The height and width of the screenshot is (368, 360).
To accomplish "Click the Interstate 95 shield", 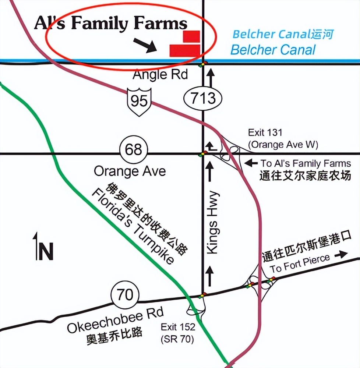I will (x=139, y=100).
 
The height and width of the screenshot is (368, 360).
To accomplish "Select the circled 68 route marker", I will (x=133, y=150).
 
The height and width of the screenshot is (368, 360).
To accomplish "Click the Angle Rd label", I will (x=160, y=75).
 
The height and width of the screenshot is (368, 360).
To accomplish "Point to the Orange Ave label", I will (x=130, y=171).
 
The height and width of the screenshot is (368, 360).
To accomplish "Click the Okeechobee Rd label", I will (x=115, y=321).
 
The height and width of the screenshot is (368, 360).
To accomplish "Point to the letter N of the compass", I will (x=46, y=252).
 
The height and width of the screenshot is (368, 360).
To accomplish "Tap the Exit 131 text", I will (x=265, y=132).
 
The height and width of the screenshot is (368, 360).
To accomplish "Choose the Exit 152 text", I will (x=178, y=327).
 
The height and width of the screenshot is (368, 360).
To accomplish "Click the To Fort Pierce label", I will (x=300, y=263).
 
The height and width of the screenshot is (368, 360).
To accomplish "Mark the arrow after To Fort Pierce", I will (x=341, y=254).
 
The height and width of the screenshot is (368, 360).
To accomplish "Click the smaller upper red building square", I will (x=191, y=36).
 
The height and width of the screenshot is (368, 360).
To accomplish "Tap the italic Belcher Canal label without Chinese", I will (x=273, y=50).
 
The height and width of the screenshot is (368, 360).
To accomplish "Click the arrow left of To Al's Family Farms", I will (x=251, y=162).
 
